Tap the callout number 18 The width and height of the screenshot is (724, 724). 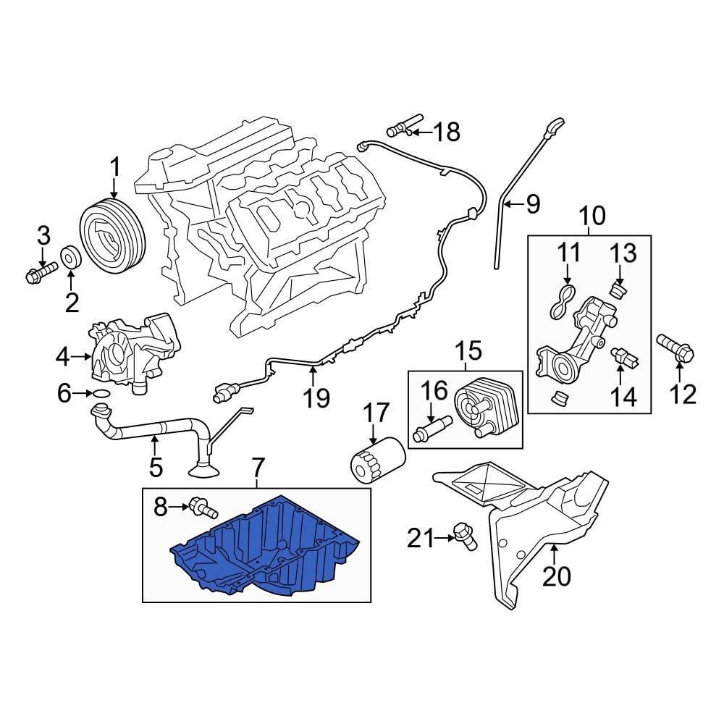pos(447,132)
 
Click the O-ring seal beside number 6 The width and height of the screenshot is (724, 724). pos(101,394)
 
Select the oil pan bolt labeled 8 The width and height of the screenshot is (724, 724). pos(203,508)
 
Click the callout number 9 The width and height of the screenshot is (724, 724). pos(533,205)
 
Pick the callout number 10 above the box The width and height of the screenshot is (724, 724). pos(592,216)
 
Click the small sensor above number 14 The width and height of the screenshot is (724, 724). pos(623,356)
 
